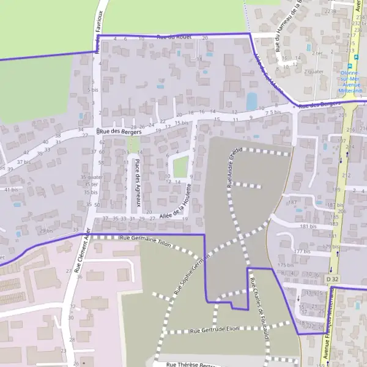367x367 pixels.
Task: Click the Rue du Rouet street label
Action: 174,37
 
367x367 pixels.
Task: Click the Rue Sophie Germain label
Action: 191,273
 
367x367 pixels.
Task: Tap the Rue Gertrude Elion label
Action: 213,330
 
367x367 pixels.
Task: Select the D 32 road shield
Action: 332,279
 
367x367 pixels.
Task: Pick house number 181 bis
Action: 308,226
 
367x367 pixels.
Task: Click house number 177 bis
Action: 303,251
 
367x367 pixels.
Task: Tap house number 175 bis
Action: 286,265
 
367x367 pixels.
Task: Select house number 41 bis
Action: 12,190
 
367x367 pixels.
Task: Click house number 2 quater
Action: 313,71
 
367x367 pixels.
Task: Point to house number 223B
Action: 331,12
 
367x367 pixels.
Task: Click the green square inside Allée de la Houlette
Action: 180,166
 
